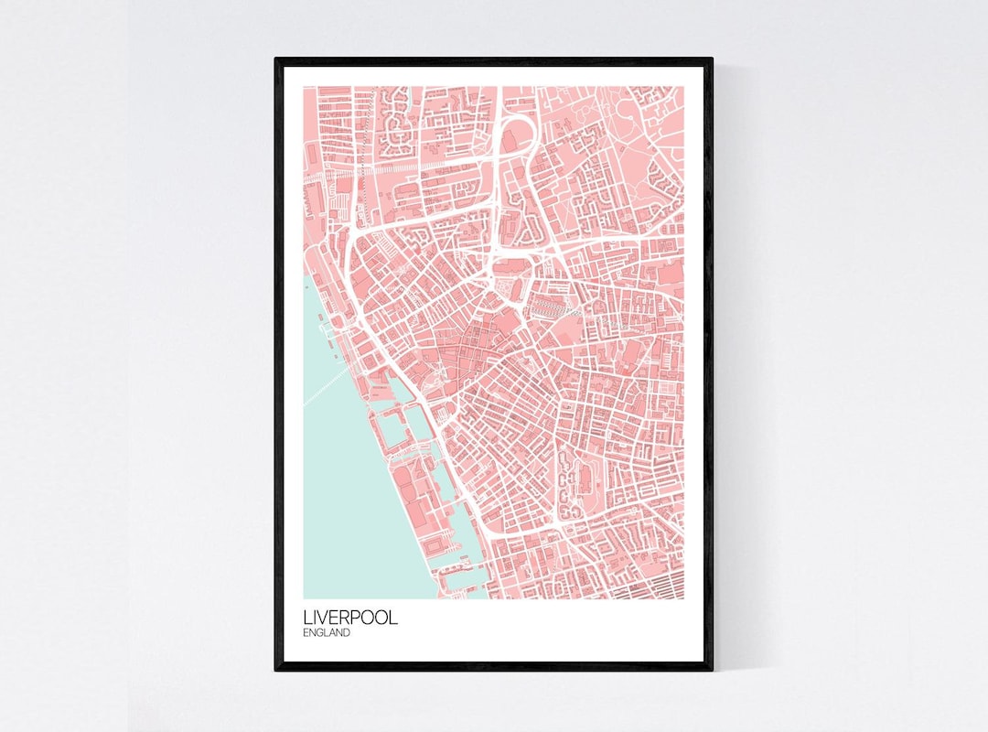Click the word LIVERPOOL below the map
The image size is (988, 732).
(x=350, y=618)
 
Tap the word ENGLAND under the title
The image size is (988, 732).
(x=327, y=632)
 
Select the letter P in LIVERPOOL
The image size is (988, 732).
(x=357, y=618)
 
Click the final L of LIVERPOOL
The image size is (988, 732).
(x=394, y=618)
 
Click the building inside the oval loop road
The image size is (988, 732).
(x=510, y=136)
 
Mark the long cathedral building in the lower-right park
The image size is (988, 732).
(x=569, y=485)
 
